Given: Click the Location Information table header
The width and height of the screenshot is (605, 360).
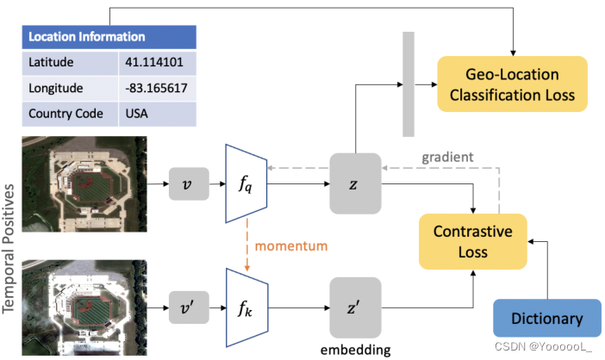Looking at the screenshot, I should point(109,37).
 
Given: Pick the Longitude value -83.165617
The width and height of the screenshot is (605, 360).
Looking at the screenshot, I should point(152,87).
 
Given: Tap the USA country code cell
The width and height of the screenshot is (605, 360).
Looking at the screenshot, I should point(138,113).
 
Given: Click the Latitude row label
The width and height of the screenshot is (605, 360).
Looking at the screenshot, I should point(51,62).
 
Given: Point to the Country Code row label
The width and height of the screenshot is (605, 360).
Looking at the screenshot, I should point(65,113).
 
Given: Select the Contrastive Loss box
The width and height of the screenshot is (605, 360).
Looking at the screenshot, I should point(472,241).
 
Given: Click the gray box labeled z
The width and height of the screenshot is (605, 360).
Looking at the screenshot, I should point(355,183).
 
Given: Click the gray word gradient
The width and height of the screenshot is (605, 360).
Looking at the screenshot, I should point(448,158).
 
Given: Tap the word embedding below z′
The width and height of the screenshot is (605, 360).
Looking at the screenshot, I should point(355,349).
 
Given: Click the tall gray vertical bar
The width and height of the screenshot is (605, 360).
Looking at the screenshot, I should point(409,83).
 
